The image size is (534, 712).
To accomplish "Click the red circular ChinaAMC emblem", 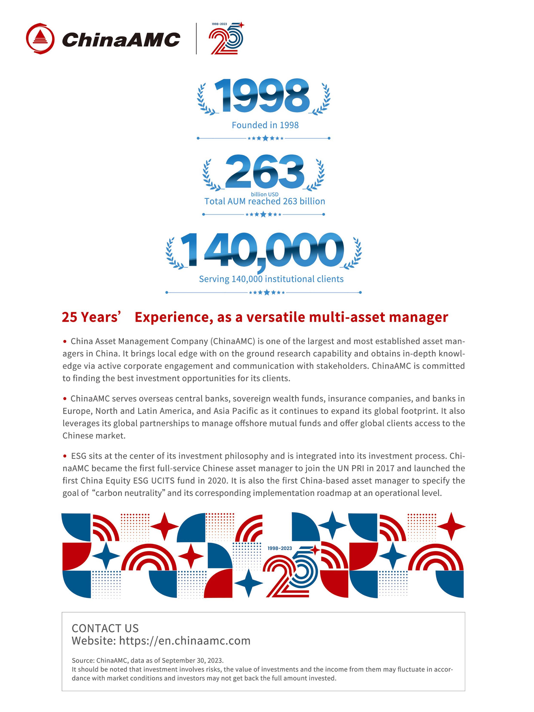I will pos(40,39).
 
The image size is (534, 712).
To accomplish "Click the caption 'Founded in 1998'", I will pos(265,125).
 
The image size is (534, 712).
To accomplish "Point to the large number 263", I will pos(264,172).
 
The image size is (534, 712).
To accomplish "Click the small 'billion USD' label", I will pos(265,194).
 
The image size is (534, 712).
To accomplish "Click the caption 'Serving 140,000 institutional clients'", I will pos(271,279).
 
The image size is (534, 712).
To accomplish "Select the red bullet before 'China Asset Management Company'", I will pos(65,341).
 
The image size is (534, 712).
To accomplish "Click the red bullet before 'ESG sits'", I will pos(65,456).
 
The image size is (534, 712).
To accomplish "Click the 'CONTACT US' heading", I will pos(105,628).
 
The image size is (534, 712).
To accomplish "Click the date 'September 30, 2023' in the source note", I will pos(192,660).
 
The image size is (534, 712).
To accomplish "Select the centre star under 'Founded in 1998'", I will pos(265,138).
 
